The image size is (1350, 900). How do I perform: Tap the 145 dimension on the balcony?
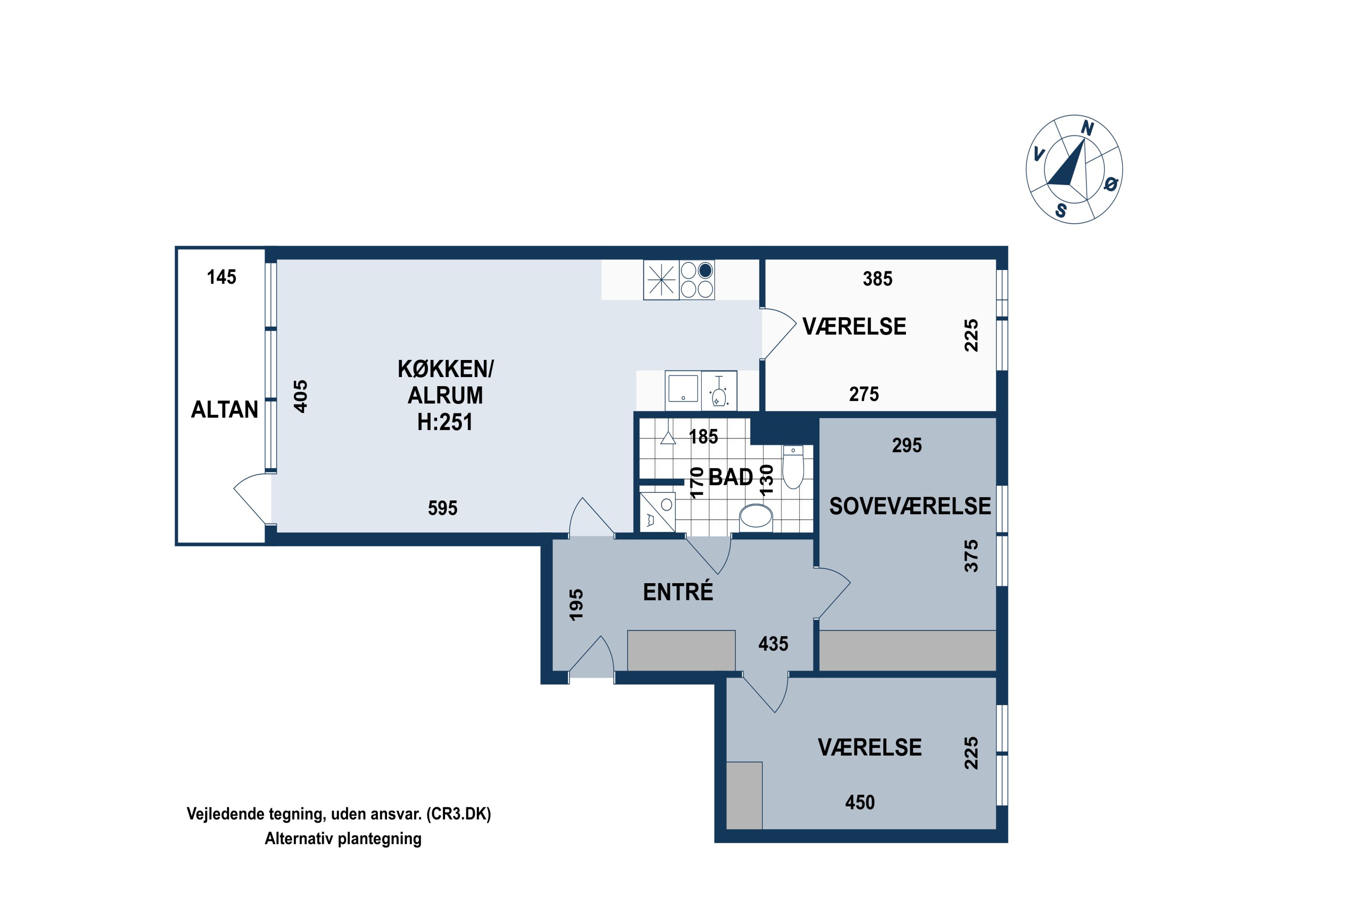point(221,277)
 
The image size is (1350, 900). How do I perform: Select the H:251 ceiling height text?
point(445,423)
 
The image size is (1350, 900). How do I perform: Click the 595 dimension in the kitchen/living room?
point(442,508)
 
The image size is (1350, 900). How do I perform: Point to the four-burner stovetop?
point(697,279)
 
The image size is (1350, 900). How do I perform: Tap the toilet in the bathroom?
point(793,467)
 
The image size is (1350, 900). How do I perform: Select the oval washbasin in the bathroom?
point(756,516)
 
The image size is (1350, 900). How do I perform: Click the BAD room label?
point(731,477)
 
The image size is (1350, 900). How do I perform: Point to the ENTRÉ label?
point(678,592)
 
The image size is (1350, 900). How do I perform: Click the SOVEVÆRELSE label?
point(910,506)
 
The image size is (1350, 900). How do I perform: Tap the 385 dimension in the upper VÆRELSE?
point(877,279)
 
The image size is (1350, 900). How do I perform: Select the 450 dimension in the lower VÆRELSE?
point(860,802)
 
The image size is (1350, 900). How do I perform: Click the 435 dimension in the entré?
point(773,644)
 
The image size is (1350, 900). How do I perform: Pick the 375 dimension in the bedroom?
point(971,556)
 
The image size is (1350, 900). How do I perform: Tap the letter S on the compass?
point(1061,211)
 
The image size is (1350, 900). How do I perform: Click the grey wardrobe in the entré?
point(681,650)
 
